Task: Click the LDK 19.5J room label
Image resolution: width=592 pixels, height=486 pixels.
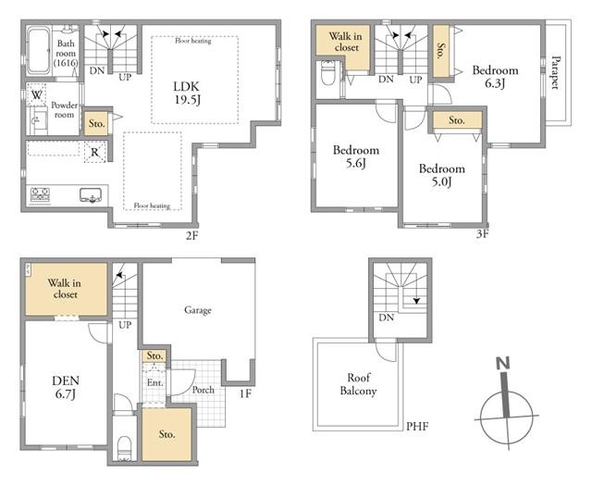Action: [188, 93]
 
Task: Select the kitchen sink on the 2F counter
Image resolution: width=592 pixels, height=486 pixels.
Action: [91, 195]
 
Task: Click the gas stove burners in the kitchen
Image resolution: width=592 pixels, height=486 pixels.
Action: [40, 195]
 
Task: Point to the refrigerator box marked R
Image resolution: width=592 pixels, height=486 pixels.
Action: [94, 153]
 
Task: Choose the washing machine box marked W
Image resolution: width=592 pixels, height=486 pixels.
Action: [36, 94]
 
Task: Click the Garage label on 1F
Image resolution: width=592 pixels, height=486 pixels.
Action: [197, 310]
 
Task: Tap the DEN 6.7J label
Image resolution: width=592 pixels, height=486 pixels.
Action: [66, 387]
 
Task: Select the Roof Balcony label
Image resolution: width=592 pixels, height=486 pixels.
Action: [358, 384]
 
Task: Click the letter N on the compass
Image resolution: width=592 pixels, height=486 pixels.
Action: [503, 363]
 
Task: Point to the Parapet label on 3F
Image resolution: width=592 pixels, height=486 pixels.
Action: [555, 72]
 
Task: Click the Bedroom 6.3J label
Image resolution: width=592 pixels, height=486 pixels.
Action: [495, 76]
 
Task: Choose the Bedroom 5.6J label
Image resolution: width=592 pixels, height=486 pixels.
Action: [356, 156]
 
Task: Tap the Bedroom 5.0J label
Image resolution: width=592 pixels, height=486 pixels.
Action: [442, 175]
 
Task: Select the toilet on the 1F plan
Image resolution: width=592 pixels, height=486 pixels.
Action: [124, 448]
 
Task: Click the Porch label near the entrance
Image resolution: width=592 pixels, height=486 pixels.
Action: [203, 390]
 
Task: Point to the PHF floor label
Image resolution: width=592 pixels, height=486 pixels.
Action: [417, 427]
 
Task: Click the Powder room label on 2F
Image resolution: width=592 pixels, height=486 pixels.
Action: [64, 109]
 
